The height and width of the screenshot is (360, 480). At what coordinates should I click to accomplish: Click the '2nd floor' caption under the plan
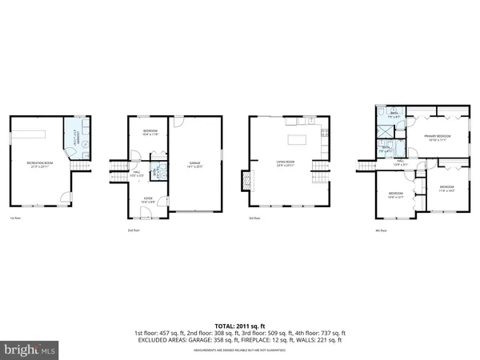pos(134,230)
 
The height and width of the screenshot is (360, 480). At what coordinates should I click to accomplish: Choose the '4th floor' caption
pos(382,230)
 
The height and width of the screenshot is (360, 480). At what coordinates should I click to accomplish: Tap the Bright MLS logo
pos(30,349)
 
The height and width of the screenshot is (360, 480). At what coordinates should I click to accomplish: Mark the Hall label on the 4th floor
pos(402,162)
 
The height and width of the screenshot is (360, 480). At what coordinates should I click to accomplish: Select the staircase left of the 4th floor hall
pos(366,166)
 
